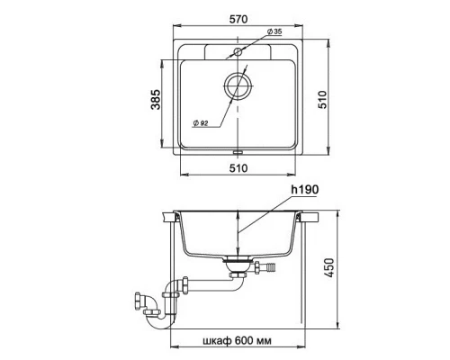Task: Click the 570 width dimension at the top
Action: tap(238, 19)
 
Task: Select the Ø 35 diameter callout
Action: tap(274, 31)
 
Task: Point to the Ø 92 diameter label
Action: tap(201, 123)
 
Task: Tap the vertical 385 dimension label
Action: tap(156, 99)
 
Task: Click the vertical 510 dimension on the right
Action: tap(322, 99)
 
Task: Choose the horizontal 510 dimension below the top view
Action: tap(238, 168)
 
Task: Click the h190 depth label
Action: tap(304, 190)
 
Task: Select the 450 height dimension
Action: tap(329, 267)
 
